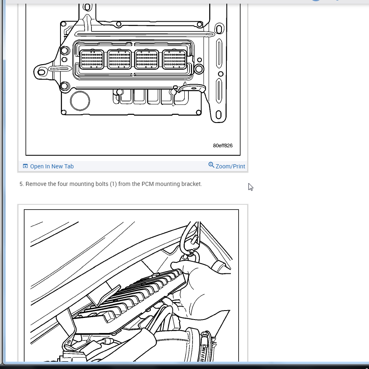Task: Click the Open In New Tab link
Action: point(52,166)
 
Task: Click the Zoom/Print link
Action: point(230,166)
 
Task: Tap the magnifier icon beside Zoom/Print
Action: point(211,165)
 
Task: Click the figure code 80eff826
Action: point(223,145)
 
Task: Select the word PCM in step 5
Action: point(148,184)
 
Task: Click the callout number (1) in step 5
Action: point(113,184)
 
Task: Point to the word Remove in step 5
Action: point(36,184)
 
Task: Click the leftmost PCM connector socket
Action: point(92,60)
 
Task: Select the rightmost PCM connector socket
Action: point(174,60)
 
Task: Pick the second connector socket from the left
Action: point(119,60)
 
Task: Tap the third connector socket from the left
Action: point(147,60)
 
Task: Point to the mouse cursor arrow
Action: point(250,187)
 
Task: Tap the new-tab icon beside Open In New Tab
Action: point(25,166)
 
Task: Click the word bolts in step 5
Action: point(102,184)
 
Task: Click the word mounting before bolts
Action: point(82,184)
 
